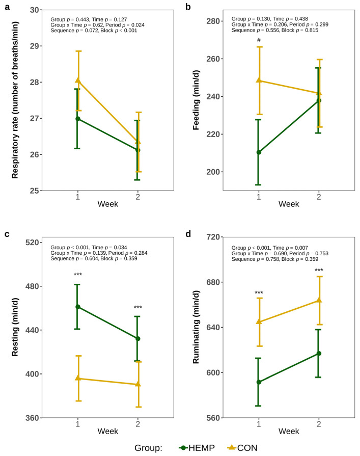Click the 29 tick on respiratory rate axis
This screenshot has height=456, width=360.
coord(30,46)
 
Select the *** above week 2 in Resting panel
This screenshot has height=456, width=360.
coord(138,308)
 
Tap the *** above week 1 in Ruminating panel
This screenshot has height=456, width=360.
coord(259,293)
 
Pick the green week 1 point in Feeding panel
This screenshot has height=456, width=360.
coord(259,152)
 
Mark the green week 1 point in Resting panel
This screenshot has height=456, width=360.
coord(78,307)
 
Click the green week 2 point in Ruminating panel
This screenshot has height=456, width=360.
coord(319,354)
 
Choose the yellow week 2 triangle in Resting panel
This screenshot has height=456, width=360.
coord(138,384)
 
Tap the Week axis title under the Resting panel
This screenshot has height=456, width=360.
coord(108,431)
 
